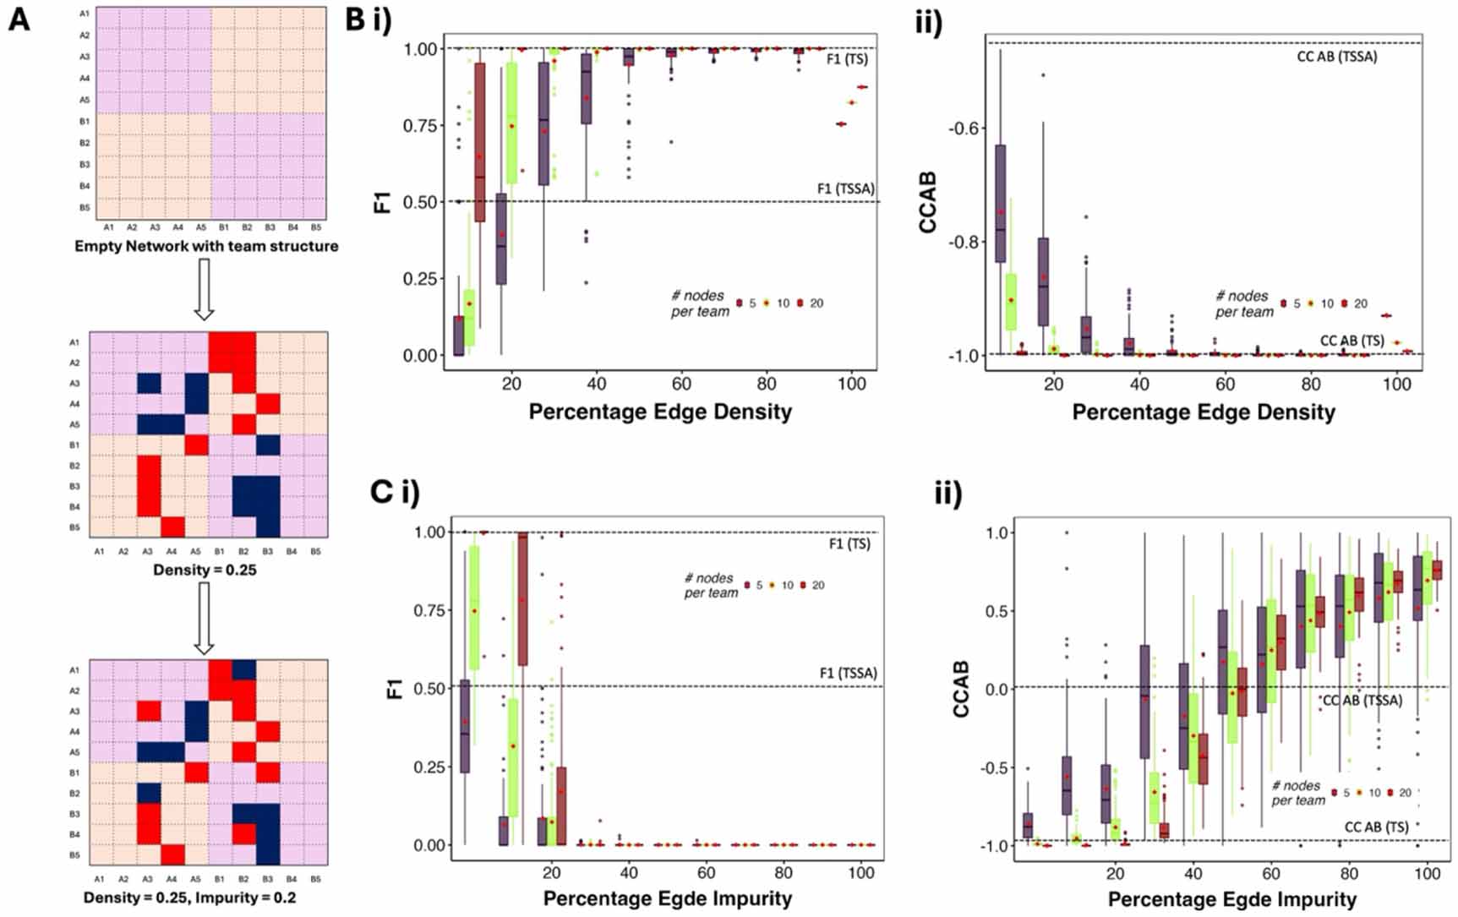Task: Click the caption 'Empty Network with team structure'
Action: tap(206, 247)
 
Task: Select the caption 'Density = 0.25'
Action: tap(205, 570)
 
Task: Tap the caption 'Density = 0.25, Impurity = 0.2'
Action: tap(190, 898)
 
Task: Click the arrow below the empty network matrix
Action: tap(204, 290)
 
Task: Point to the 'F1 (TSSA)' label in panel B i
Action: tap(845, 188)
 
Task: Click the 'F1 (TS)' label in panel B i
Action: tap(847, 59)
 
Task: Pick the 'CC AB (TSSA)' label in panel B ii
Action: tap(1337, 57)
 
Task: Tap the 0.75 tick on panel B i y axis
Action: tap(419, 126)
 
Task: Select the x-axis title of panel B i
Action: tap(660, 412)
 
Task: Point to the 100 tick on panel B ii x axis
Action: tap(1396, 385)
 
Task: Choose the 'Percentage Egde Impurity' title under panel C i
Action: tap(667, 898)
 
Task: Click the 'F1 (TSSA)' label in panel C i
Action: tap(848, 674)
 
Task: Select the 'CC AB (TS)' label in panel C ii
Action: tap(1377, 827)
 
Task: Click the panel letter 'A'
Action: tap(19, 19)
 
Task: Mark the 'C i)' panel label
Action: tap(395, 493)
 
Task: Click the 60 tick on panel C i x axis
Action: tap(706, 873)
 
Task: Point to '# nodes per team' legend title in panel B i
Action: tap(699, 303)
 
